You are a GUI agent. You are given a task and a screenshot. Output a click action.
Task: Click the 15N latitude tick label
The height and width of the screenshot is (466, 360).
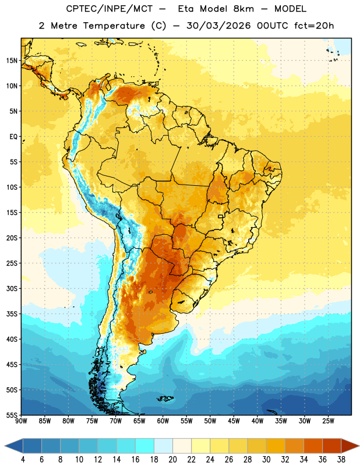point(12,61)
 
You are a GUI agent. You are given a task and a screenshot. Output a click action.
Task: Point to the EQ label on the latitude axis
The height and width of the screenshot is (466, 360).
point(13,137)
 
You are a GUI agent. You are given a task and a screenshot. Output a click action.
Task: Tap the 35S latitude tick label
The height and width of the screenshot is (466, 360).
point(12,314)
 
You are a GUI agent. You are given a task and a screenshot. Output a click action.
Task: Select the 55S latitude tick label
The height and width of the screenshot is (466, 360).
point(12,415)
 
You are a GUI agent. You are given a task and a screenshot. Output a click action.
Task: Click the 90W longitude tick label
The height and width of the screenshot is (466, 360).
point(21,421)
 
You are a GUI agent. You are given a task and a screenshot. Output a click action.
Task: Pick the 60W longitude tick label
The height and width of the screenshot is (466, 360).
point(163,421)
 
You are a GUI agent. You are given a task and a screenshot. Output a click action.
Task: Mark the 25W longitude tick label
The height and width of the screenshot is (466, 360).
point(328,421)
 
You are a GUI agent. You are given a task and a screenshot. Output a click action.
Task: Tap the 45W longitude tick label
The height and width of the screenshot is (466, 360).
point(234,421)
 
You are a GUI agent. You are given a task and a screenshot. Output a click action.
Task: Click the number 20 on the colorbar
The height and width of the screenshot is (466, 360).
point(172,460)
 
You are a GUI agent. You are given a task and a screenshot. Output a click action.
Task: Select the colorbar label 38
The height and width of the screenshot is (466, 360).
point(341,460)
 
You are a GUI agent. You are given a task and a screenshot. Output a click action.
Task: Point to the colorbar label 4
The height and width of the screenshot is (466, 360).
point(23,460)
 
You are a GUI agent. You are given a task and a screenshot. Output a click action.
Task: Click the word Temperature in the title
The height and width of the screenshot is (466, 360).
point(114,26)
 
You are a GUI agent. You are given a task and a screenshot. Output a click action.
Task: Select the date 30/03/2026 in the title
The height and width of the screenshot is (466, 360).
point(218,26)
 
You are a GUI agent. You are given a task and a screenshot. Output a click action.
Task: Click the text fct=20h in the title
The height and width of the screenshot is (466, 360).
point(314,26)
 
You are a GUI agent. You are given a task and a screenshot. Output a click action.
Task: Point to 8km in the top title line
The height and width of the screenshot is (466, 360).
point(243,9)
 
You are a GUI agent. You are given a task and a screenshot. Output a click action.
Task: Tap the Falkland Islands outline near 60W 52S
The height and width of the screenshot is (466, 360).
point(165,398)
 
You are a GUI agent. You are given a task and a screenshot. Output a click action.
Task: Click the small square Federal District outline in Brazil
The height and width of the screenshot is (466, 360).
point(221,216)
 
